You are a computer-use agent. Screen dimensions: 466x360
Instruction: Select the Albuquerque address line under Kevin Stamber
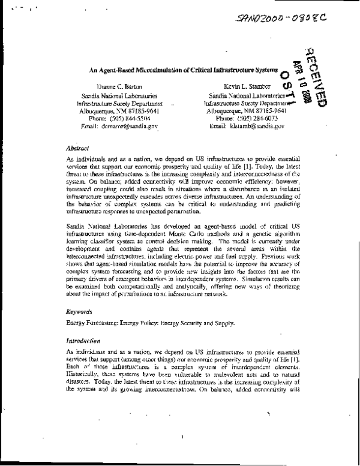(x=244, y=111)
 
